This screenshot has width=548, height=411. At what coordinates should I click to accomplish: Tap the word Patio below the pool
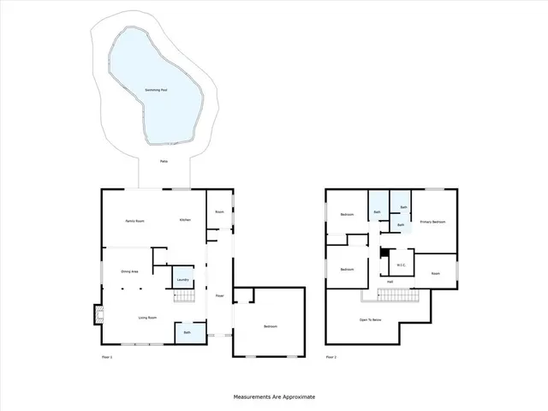tap(164, 160)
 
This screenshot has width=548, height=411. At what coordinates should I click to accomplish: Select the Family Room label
tap(134, 221)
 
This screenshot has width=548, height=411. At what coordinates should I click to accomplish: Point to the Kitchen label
tap(185, 220)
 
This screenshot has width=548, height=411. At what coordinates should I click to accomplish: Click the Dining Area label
tap(128, 271)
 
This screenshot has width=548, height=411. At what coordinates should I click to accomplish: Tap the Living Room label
tap(147, 319)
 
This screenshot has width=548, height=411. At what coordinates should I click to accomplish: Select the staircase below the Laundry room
tap(186, 296)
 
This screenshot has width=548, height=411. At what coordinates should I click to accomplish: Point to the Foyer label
tap(219, 296)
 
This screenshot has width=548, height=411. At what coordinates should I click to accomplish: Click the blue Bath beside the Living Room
tap(186, 332)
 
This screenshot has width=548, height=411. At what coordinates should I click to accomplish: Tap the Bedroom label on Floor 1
tap(270, 326)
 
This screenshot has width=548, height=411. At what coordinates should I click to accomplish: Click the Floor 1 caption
tap(107, 356)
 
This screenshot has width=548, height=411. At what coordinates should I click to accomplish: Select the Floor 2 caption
tap(331, 356)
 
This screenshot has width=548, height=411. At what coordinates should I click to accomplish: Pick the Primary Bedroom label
tap(432, 222)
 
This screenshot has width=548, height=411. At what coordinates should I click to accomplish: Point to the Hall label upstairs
tap(390, 282)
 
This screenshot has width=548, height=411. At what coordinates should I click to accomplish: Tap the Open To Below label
tap(371, 319)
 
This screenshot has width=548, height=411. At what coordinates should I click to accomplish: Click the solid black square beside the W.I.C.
tap(385, 253)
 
